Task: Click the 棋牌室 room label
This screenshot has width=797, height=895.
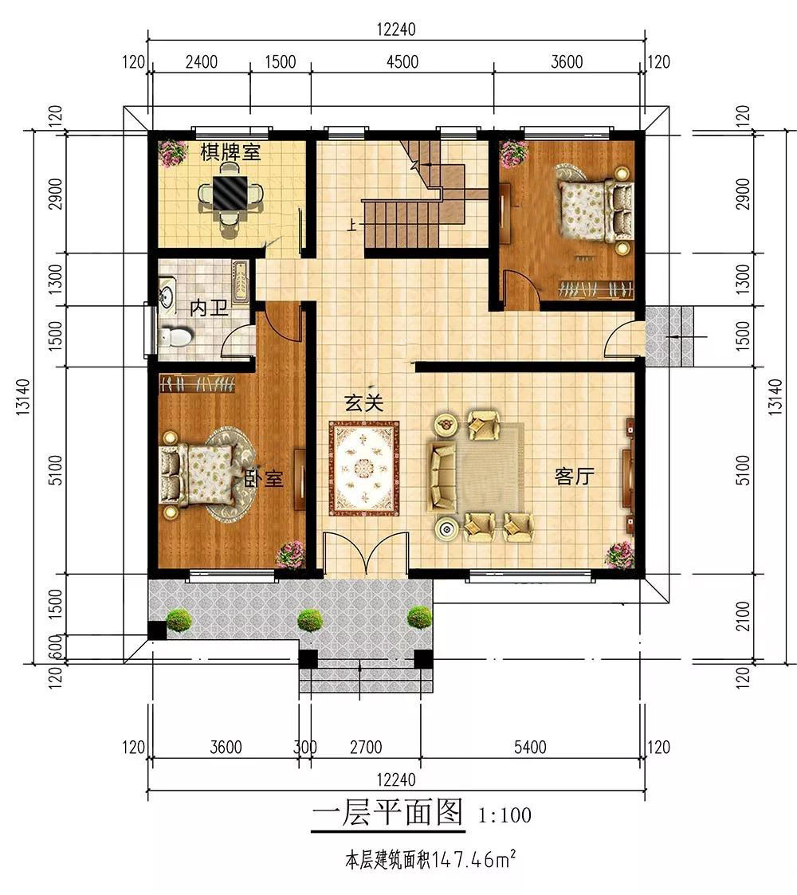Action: [230, 152]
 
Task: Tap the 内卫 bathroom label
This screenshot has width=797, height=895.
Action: [209, 308]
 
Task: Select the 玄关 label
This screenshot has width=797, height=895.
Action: [363, 403]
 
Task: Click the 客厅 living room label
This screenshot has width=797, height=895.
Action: [575, 476]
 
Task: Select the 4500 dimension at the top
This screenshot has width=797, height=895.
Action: [402, 61]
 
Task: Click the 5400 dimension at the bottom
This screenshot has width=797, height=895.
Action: [530, 748]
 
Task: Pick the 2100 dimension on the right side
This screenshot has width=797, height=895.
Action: [742, 616]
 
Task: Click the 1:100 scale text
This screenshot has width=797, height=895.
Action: [505, 815]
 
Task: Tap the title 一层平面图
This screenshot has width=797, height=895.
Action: [387, 812]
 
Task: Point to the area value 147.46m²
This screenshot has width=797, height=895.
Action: [474, 860]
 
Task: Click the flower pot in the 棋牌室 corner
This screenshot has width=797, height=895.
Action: [172, 153]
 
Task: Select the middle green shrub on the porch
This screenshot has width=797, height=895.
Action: [309, 620]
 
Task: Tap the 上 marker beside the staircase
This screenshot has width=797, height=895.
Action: [352, 226]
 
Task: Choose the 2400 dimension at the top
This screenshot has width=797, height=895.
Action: [202, 61]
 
